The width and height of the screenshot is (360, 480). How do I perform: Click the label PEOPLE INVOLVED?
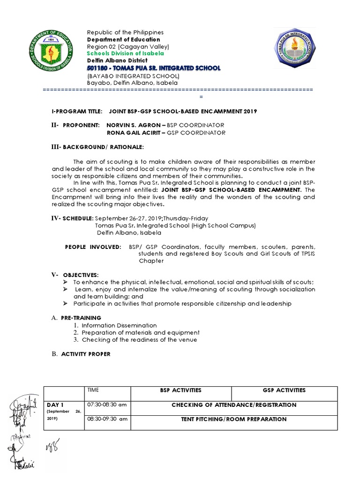click(92, 247)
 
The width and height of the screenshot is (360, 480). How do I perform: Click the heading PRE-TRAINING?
click(81, 318)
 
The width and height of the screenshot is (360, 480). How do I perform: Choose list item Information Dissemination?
click(119, 325)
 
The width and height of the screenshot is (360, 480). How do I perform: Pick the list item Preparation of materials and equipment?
click(134, 332)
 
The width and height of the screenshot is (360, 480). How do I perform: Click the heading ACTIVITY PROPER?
click(86, 354)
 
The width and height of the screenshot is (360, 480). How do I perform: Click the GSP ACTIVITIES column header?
click(284, 390)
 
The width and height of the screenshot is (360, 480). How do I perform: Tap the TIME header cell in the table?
click(93, 390)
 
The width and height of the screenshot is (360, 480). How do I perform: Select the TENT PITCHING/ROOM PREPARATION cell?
click(233, 419)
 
